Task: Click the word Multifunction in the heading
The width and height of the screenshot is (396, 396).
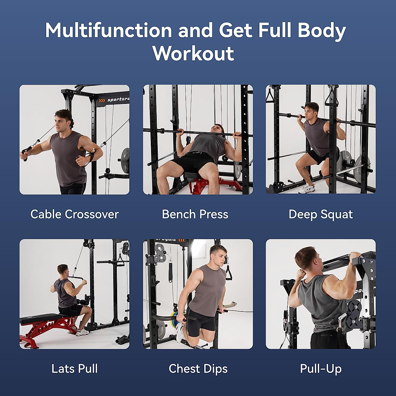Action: point(109,30)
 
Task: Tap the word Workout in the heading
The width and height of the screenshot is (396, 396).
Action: point(193,53)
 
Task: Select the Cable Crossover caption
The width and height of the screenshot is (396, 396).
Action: point(75,214)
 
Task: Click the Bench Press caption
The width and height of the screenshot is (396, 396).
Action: point(195,214)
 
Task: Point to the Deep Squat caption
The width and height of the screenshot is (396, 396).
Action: point(320,214)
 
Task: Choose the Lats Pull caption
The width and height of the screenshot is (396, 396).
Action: point(75,369)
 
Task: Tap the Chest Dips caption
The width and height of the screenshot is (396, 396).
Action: point(198,369)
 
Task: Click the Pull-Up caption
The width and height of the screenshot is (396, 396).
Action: point(320,369)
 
